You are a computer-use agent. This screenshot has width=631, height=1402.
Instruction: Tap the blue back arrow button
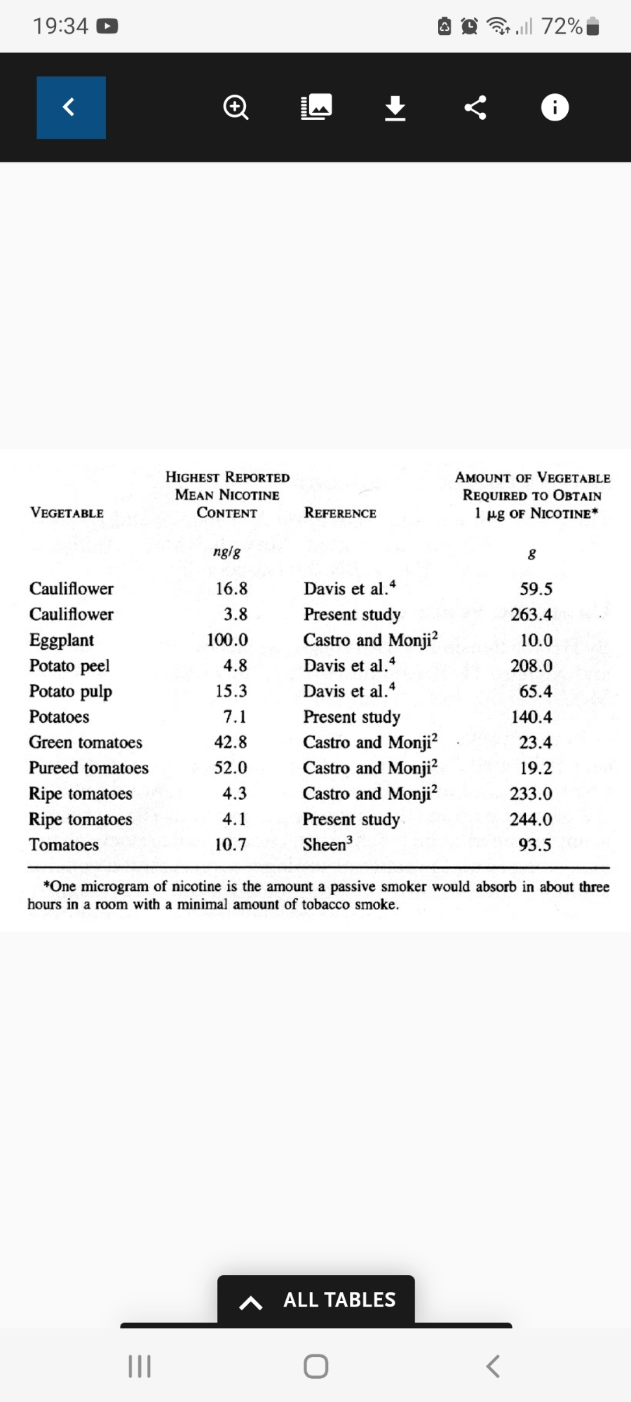coord(71,107)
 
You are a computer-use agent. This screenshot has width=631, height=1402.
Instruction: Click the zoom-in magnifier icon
coord(236,107)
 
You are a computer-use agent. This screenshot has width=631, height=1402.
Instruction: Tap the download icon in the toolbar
coord(395,108)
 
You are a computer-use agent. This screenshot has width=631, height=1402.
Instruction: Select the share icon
coord(475,107)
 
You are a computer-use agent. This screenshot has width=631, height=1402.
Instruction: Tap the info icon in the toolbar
coord(555,107)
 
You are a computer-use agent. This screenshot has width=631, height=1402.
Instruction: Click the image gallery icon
coord(316,107)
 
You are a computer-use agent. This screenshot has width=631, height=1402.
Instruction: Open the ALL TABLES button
coord(316,1300)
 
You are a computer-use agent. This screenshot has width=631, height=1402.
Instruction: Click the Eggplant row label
coord(62,640)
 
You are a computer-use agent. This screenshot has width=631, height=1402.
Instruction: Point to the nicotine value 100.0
coord(227,640)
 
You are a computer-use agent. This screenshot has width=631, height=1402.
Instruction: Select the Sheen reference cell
coord(327,845)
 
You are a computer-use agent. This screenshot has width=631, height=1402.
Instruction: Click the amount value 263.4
coord(531,615)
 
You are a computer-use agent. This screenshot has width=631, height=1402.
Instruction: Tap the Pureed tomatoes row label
coord(88,768)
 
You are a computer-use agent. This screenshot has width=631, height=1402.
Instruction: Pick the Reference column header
coord(340,513)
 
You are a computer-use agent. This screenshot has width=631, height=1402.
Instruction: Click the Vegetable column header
coord(67,513)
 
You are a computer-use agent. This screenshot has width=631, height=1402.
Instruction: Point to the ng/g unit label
coord(226,552)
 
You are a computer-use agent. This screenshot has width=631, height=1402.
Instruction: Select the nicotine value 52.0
coord(231,768)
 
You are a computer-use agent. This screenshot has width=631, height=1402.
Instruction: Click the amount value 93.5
coord(535,845)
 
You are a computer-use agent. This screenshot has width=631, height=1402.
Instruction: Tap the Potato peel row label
coord(69,666)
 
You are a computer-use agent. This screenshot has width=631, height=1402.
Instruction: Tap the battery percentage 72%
coord(562,27)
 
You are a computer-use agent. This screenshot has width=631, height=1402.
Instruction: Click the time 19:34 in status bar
coord(60,27)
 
